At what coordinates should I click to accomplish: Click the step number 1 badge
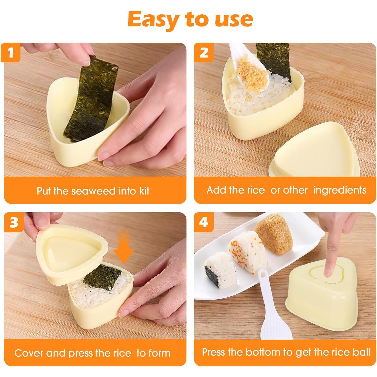11,53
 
